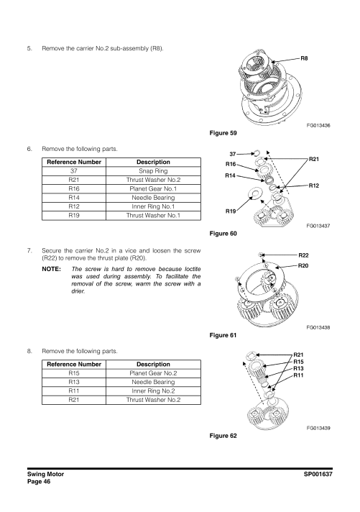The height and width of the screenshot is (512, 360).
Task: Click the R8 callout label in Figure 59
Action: click(x=304, y=58)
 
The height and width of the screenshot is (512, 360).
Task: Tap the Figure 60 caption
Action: click(x=223, y=234)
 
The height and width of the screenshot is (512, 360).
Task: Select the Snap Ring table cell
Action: click(x=153, y=170)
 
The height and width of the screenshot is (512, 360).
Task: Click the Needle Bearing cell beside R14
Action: click(x=153, y=198)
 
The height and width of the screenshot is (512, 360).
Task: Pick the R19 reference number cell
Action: click(x=74, y=216)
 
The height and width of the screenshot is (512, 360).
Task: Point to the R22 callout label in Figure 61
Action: click(x=303, y=255)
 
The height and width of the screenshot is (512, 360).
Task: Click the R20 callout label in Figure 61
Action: click(x=303, y=266)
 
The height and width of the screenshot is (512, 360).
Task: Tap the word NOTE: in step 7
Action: click(x=52, y=269)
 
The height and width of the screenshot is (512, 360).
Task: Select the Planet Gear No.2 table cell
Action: click(x=153, y=373)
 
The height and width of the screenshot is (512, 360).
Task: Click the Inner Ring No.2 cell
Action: click(x=153, y=391)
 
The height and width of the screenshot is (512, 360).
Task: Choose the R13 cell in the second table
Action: click(x=74, y=382)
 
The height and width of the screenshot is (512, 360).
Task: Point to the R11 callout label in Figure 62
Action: click(x=298, y=375)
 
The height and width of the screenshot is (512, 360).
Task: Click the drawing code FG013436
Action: click(x=318, y=125)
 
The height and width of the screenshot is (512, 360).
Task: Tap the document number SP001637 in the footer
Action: click(x=318, y=474)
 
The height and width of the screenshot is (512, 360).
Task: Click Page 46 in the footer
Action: click(x=39, y=482)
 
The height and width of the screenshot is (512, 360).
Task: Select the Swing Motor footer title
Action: click(x=46, y=474)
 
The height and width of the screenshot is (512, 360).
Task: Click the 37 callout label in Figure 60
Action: click(x=232, y=154)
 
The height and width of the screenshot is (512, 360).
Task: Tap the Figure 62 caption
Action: click(x=223, y=436)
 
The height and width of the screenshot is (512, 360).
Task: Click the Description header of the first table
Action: click(x=153, y=162)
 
